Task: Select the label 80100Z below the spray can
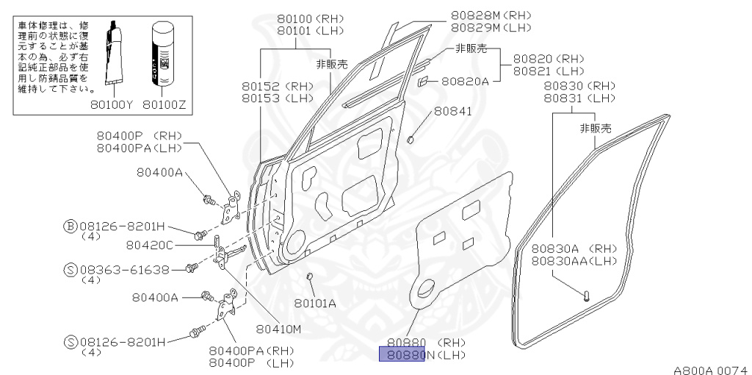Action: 164,104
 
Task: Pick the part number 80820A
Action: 465,81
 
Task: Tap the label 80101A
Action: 315,302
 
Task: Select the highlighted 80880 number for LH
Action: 402,356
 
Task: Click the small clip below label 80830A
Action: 587,296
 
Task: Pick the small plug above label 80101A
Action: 310,276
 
